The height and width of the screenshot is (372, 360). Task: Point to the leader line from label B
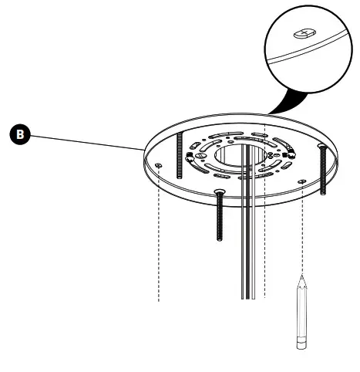[x=85, y=141]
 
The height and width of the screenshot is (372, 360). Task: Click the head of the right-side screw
[x=321, y=147]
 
